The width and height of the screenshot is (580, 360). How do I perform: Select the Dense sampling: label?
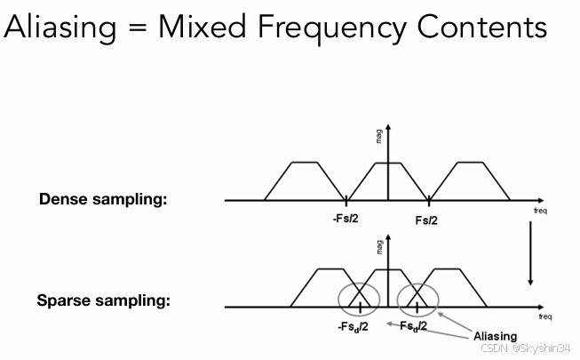pos(103,199)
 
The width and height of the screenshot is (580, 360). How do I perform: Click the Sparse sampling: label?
pos(103,300)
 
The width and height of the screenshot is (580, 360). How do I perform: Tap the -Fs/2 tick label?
pos(347,219)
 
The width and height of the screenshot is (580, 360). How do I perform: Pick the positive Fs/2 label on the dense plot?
pos(426,219)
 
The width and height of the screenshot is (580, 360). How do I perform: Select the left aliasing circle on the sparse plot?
pos(358,299)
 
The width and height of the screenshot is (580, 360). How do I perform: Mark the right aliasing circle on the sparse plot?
pos(417,299)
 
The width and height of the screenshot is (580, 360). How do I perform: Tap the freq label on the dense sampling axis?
pos(541,212)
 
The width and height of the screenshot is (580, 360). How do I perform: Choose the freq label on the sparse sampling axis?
pos(545,316)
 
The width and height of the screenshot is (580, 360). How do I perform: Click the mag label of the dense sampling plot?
pos(380,137)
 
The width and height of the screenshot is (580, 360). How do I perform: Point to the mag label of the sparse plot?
pos(380,247)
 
